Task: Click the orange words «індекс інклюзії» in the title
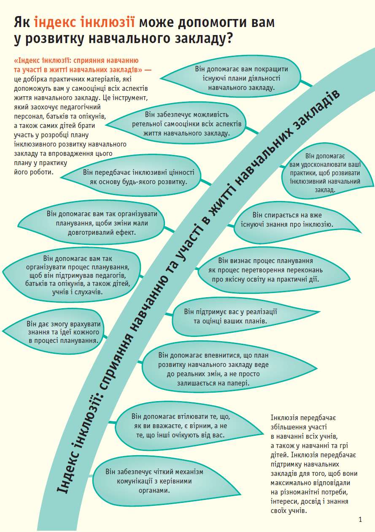pyautogui.click(x=84, y=22)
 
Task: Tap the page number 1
pyautogui.click(x=360, y=519)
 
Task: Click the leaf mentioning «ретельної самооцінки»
pyautogui.click(x=186, y=124)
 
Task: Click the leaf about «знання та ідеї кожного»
pyautogui.click(x=59, y=332)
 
